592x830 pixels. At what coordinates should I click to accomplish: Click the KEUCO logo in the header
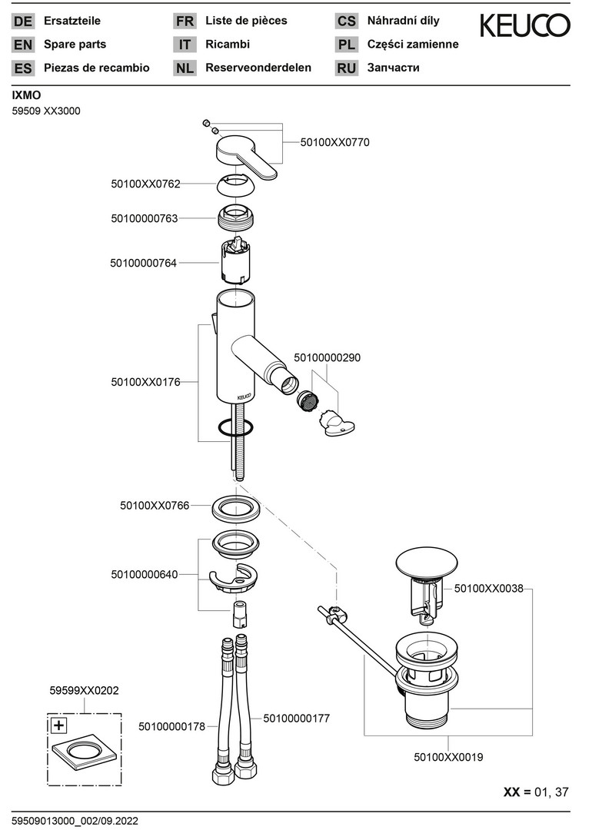tap(525, 25)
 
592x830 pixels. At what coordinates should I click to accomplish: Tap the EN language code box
tap(23, 45)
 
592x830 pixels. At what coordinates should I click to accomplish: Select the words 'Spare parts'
tap(75, 45)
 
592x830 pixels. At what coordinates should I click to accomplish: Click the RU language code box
tap(346, 68)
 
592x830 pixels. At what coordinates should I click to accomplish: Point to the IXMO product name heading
tap(26, 95)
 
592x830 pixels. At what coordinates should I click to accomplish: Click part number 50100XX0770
tap(334, 142)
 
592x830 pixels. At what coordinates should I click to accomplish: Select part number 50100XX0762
tap(145, 184)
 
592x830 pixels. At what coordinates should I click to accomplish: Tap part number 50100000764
tap(144, 263)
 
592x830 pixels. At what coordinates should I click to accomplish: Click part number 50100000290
tap(328, 357)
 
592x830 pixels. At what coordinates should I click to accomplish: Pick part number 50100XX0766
tap(155, 506)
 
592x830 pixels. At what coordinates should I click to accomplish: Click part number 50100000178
tap(172, 725)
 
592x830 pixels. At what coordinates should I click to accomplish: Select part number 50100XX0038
tap(489, 589)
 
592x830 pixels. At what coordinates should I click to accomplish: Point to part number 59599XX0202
tap(85, 691)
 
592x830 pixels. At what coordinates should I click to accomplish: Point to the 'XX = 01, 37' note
tap(536, 792)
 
